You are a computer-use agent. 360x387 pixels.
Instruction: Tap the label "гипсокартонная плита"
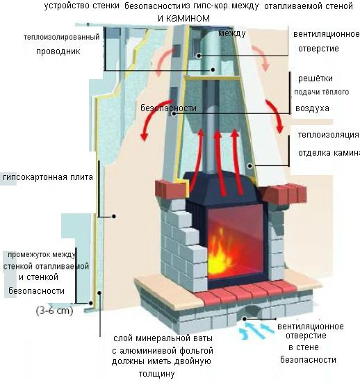click(48, 178)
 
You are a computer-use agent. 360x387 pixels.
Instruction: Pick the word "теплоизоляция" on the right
click(328, 135)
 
